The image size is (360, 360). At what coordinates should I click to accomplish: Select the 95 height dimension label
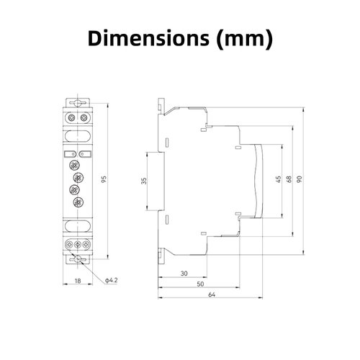coord(104,180)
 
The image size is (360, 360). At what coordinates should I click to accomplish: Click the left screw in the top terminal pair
coord(73,116)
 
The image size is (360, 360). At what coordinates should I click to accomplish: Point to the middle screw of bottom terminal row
coord(78,246)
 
